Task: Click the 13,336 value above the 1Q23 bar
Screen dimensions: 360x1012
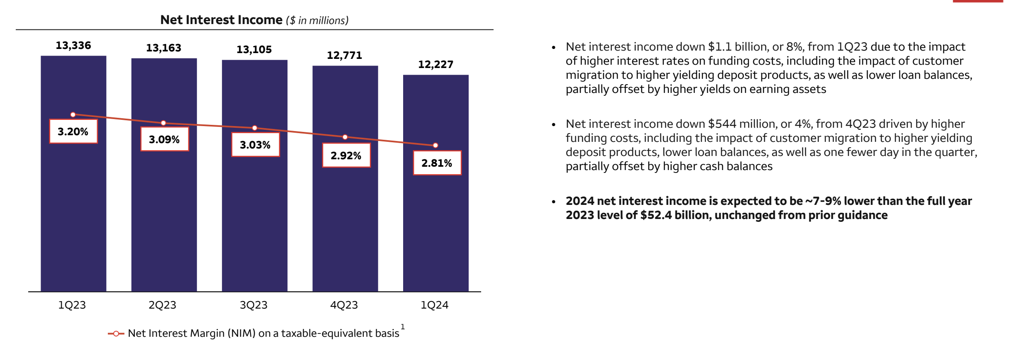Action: click(x=73, y=46)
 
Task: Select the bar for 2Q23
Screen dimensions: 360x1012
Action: click(x=164, y=207)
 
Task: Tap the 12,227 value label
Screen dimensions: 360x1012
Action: click(x=435, y=65)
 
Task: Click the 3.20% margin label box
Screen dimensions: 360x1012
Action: click(x=73, y=131)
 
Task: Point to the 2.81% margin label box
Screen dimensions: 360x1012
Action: click(x=437, y=163)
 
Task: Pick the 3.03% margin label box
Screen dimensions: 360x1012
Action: click(x=255, y=145)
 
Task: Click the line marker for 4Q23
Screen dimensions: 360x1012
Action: click(x=345, y=137)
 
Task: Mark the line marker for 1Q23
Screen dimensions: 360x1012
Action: click(x=73, y=114)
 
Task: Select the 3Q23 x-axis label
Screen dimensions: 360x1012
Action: click(x=253, y=305)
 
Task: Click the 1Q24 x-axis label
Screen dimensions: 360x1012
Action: click(x=434, y=305)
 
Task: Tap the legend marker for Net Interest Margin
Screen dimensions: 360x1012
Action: click(x=116, y=333)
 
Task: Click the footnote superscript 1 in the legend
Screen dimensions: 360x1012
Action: click(x=402, y=327)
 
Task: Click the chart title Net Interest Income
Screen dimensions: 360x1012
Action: click(x=221, y=20)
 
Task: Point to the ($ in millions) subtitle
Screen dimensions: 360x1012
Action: click(x=317, y=21)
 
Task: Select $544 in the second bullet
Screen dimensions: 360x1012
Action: click(x=722, y=124)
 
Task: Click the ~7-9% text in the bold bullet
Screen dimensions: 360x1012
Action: click(x=823, y=201)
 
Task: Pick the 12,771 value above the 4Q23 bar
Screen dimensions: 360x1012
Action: click(x=344, y=56)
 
